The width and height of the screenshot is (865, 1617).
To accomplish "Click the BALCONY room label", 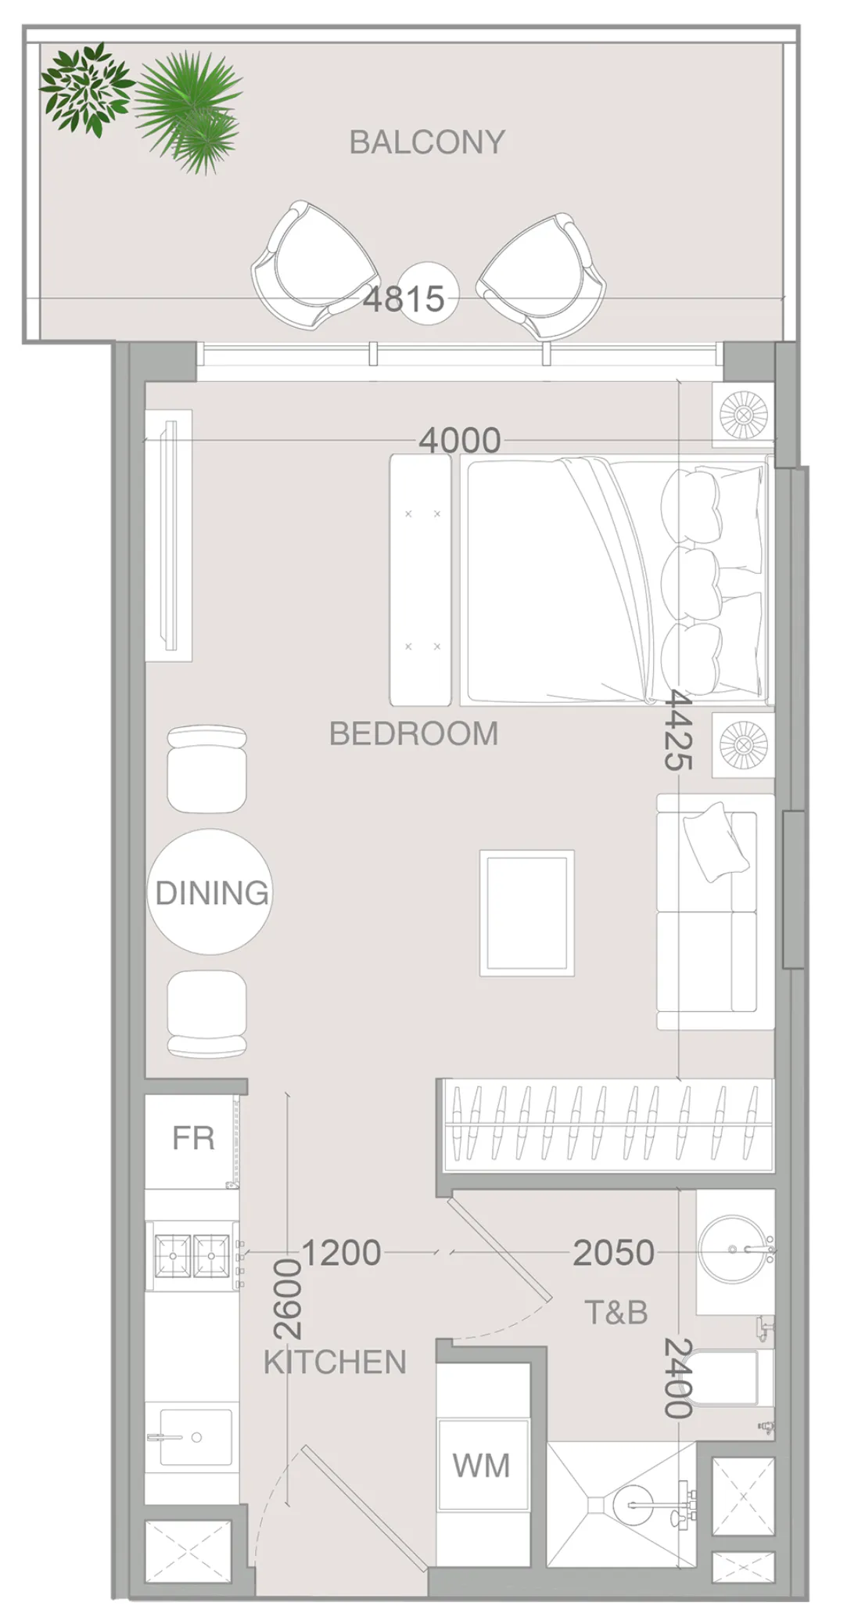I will tap(426, 142).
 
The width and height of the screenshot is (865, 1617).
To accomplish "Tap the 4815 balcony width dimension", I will tap(404, 299).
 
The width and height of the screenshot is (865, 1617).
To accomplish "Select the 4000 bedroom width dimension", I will tap(459, 441).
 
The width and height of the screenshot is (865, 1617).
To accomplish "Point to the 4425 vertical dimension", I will tap(677, 731).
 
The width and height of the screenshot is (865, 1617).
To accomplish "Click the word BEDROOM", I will tap(413, 734).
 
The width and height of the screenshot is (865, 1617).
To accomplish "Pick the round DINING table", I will tap(210, 892).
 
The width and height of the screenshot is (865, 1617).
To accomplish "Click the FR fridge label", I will tap(193, 1138).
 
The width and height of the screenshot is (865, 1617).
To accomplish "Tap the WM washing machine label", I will tap(481, 1465).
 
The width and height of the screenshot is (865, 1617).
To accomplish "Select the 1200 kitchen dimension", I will tap(341, 1253).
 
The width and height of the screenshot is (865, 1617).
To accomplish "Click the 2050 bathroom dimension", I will tap(613, 1253).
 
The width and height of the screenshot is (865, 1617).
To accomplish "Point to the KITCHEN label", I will tap(335, 1363).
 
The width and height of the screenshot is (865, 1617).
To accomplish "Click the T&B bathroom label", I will tap(616, 1313).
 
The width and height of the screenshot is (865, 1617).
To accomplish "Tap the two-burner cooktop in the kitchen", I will tap(192, 1255).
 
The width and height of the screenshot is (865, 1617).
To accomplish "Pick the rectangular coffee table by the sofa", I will tap(526, 913).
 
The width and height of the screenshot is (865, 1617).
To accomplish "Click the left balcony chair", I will tap(313, 266).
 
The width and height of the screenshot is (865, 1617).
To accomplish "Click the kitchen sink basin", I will tap(195, 1437).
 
